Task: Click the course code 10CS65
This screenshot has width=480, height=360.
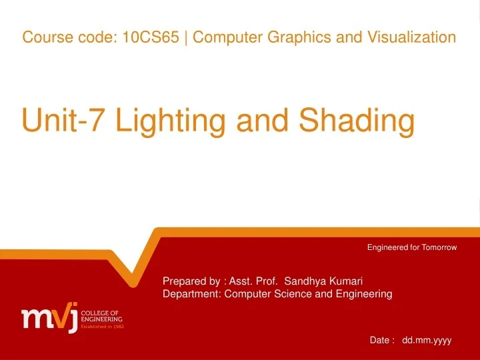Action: click(151, 37)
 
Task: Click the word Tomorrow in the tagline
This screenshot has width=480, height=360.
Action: click(438, 247)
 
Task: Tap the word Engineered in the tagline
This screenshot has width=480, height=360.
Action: click(387, 247)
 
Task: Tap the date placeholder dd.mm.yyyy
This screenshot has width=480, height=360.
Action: click(427, 340)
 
